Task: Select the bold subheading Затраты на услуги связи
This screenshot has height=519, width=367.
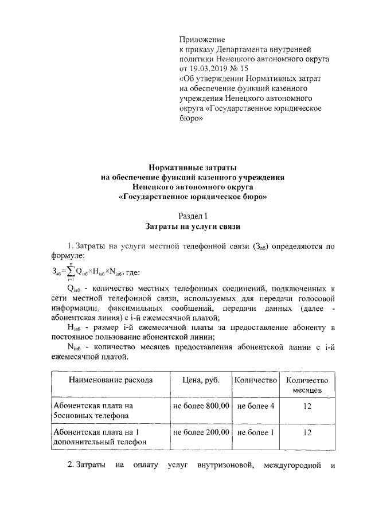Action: coord(192,226)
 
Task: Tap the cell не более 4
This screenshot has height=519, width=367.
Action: coord(255,405)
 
